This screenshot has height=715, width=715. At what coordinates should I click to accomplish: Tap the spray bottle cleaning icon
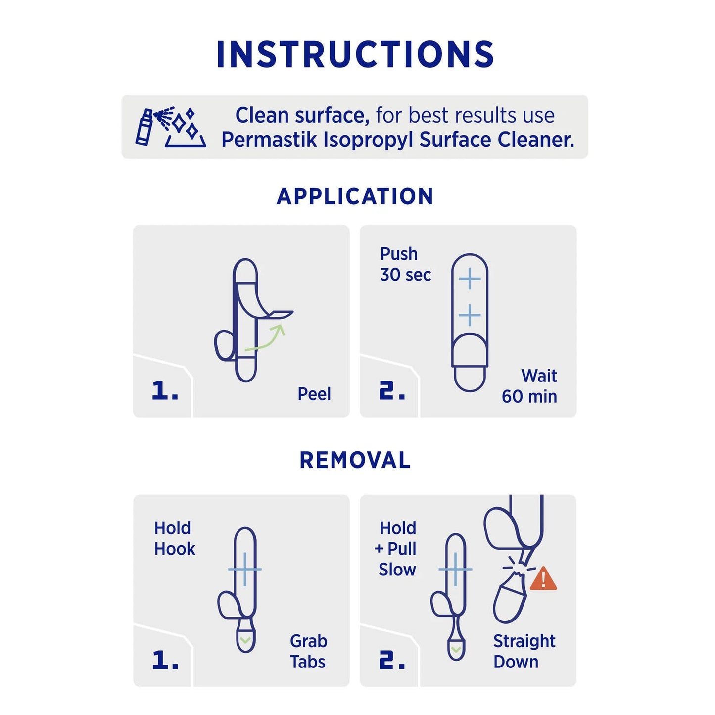tap(170, 127)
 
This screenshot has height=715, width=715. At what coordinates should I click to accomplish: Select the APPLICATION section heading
tap(355, 196)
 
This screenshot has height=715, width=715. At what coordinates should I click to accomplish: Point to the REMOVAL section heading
tap(355, 460)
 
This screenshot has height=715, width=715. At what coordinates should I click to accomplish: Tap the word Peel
tap(314, 394)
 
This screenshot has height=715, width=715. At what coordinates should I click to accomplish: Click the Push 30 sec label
tap(405, 264)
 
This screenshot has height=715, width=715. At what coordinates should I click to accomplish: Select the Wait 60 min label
tap(530, 386)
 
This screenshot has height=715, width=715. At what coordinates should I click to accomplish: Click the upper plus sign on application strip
tap(470, 279)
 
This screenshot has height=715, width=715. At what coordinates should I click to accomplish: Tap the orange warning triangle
tap(543, 579)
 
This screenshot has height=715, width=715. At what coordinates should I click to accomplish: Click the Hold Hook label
tap(174, 538)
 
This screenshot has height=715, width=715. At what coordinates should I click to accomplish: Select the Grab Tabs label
tap(308, 651)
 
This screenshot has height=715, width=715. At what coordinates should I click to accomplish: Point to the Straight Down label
tap(524, 651)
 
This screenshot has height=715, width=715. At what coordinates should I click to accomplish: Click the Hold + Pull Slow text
tap(397, 549)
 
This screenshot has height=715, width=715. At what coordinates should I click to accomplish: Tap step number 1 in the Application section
tap(164, 391)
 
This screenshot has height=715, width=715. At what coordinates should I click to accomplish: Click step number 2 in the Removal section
tap(392, 660)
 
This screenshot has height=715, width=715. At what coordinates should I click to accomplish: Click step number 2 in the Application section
tap(392, 391)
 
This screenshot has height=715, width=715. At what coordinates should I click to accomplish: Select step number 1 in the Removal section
tap(164, 660)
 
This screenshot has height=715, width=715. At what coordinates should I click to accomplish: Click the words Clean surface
tap(302, 115)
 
